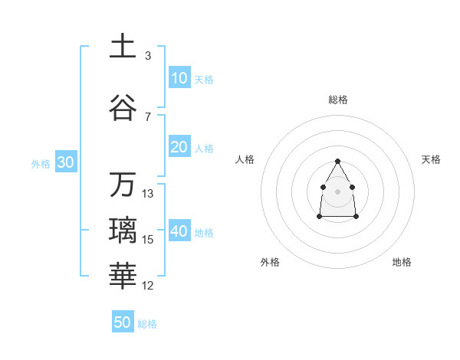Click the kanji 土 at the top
(123, 46)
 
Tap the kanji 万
(123, 185)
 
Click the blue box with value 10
(179, 78)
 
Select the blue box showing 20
(179, 147)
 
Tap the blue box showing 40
(179, 231)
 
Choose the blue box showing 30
(65, 162)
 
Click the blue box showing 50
(123, 322)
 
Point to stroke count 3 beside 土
(147, 56)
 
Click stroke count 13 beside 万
(147, 194)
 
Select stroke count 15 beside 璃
(147, 240)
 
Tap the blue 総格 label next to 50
(147, 324)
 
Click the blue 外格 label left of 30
(41, 163)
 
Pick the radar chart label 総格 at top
(337, 100)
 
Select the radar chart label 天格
(431, 159)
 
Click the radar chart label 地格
(402, 262)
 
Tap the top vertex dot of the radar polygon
(337, 161)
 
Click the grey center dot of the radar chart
(337, 190)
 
